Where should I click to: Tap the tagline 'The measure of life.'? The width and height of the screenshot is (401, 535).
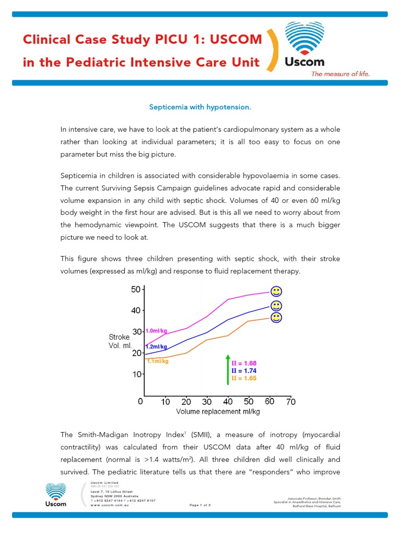click(340, 74)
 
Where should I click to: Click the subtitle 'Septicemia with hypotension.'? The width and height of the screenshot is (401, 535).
click(200, 107)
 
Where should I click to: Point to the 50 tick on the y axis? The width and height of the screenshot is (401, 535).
click(135, 289)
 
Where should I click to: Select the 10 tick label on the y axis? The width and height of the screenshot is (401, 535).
click(135, 374)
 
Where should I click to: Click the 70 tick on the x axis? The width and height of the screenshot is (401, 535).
click(291, 402)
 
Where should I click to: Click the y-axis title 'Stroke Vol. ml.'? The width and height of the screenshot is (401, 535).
click(120, 341)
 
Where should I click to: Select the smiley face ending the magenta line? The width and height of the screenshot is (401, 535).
click(276, 291)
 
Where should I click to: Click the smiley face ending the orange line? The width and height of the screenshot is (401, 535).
click(276, 317)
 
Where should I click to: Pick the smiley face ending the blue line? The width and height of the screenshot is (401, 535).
click(276, 305)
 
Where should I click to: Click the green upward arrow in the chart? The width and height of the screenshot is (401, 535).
click(228, 370)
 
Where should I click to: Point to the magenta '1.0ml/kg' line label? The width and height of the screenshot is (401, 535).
click(156, 331)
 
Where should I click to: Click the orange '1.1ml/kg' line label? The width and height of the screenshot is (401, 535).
click(157, 361)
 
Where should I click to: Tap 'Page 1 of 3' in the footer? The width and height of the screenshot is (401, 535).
click(200, 505)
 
